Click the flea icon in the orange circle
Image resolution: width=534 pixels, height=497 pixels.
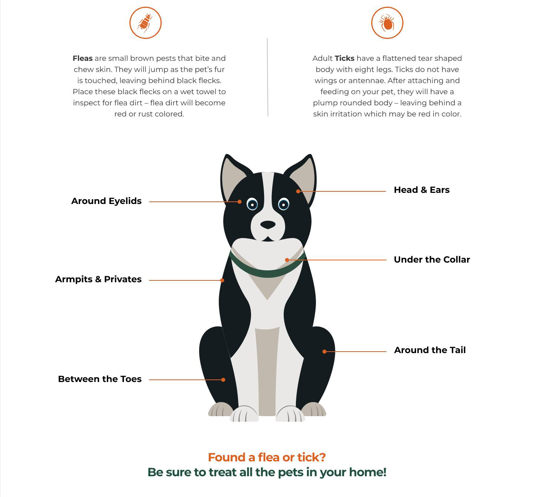tap(145, 23)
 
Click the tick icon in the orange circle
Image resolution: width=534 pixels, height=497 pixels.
tap(387, 23)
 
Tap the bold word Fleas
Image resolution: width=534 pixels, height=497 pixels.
tap(82, 58)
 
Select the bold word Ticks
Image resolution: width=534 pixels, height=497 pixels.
tap(345, 58)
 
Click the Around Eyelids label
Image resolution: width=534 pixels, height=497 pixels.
tap(106, 201)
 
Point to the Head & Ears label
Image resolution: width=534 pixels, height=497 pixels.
tap(422, 190)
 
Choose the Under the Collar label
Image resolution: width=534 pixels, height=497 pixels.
tap(432, 260)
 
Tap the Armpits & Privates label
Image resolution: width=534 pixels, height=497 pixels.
tap(98, 279)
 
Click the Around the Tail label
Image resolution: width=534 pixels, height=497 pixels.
tap(430, 350)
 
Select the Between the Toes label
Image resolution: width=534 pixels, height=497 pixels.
tap(100, 379)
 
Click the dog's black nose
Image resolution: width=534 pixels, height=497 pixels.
tap(268, 225)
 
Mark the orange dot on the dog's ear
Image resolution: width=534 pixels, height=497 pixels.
tap(298, 191)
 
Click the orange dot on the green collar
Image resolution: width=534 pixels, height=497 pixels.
tap(287, 260)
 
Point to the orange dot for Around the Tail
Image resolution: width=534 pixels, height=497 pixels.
tap(324, 352)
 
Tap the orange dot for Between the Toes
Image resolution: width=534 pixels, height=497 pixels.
tap(223, 380)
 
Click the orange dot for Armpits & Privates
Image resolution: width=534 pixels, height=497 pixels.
tap(222, 280)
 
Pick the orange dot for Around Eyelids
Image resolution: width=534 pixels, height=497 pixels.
tap(240, 202)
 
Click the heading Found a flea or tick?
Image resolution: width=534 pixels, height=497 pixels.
tap(267, 457)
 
